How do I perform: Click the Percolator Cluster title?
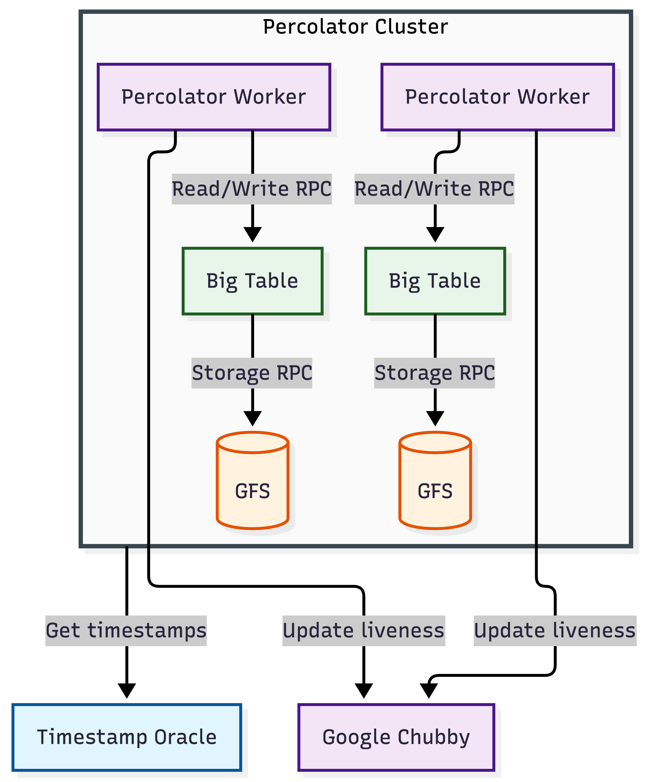coord(355,27)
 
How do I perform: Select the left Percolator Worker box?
coord(214,97)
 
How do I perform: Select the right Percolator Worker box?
coord(497,97)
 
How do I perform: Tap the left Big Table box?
coord(252,281)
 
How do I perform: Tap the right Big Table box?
coord(435,281)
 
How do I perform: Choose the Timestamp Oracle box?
coord(126,737)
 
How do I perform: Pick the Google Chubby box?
coord(396,737)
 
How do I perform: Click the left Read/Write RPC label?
coord(252,189)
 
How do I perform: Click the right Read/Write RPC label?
coord(434,189)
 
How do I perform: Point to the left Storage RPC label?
coord(252,373)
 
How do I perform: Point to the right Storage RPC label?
coord(434,373)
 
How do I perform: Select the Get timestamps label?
coord(126,631)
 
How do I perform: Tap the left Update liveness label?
coord(363,631)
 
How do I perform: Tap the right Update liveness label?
coord(555,631)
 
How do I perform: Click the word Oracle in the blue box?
coord(185,737)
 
